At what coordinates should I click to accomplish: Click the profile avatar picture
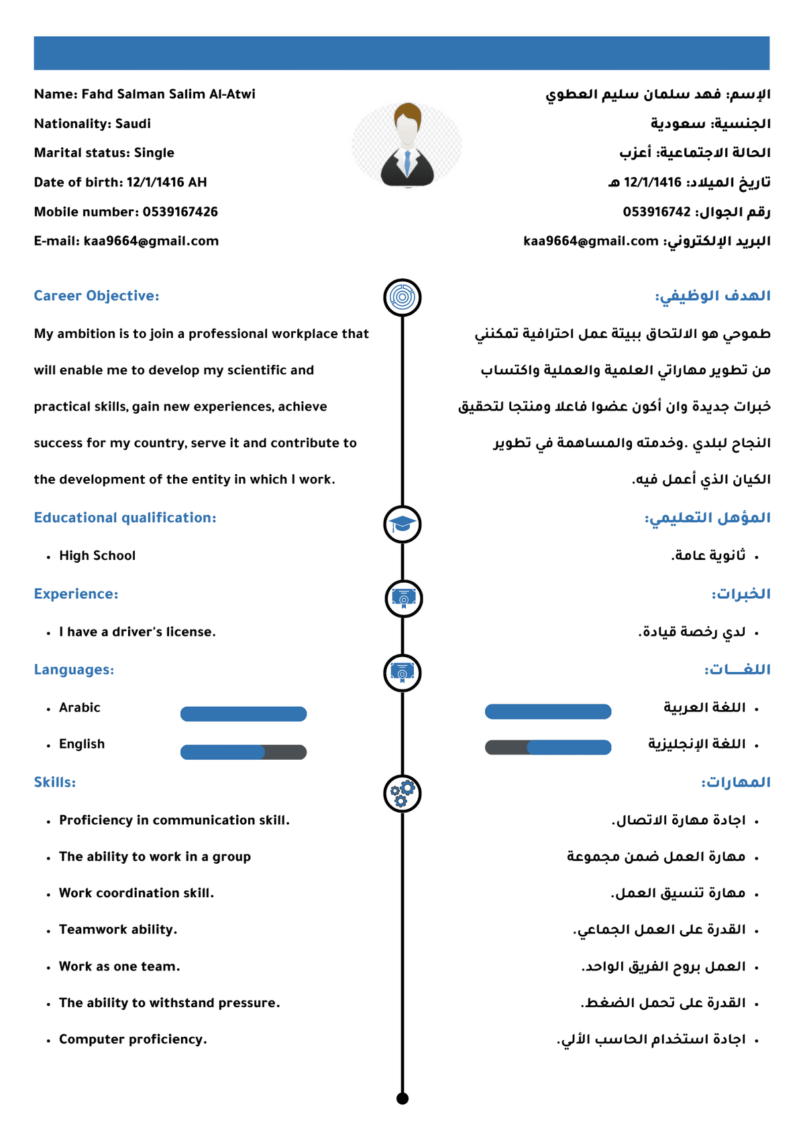point(407,145)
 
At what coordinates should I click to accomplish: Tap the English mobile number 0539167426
point(180,212)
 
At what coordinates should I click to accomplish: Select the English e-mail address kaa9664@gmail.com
point(151,241)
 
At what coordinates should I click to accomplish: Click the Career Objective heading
point(97,296)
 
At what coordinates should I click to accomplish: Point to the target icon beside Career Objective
point(402,297)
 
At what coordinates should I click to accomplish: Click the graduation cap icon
point(402,524)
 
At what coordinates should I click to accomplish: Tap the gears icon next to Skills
point(402,793)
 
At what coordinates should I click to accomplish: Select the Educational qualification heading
point(125,518)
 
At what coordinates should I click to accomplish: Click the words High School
point(97,556)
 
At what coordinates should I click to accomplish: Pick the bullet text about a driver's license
point(137,632)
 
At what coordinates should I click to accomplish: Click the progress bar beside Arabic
point(244,714)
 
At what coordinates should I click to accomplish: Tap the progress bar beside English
point(244,752)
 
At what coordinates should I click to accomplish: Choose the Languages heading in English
point(74,670)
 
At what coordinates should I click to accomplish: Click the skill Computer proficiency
point(133,1039)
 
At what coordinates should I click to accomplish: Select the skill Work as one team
point(119,966)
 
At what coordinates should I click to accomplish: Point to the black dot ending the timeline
point(402,1098)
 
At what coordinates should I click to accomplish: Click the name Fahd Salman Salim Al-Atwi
point(168,95)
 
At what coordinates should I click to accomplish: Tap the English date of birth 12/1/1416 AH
point(166,182)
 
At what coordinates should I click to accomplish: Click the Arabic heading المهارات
point(736,783)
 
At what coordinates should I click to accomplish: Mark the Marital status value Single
point(154,153)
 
